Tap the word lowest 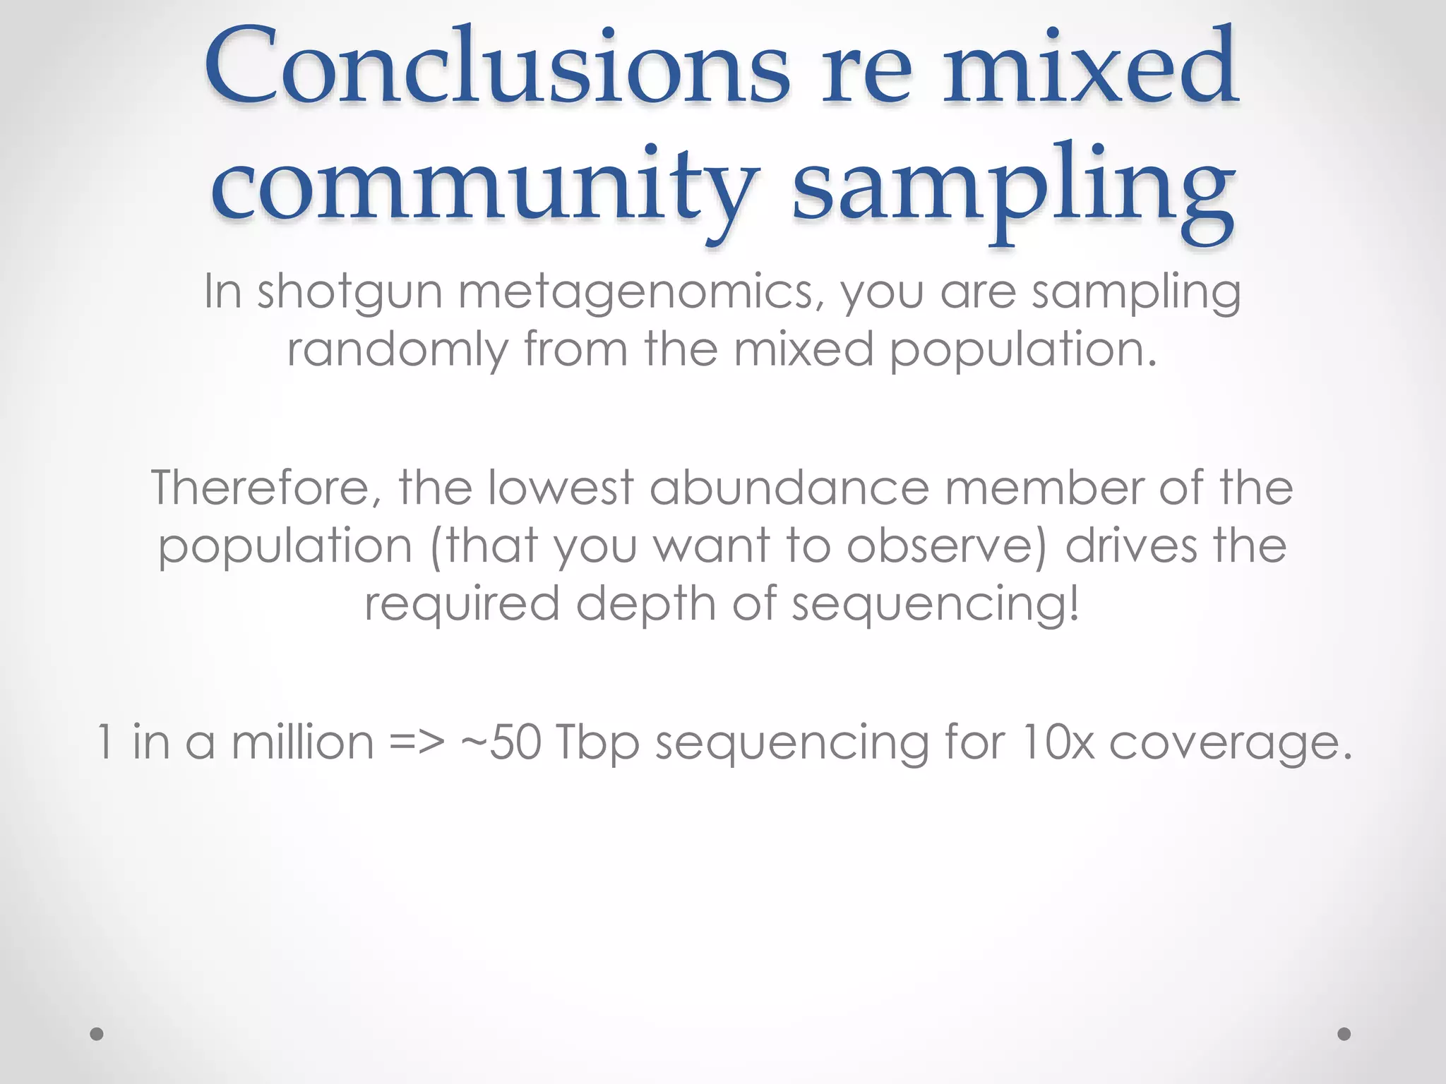click(x=561, y=488)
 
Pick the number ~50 click(x=501, y=742)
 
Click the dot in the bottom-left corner click(x=97, y=1034)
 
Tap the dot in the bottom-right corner click(x=1344, y=1034)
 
